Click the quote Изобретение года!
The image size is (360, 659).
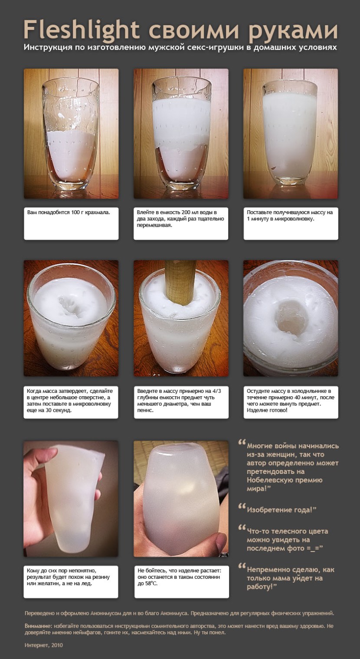(281, 510)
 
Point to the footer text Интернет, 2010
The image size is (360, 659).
(44, 645)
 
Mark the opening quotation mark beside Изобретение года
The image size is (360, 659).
(242, 506)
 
